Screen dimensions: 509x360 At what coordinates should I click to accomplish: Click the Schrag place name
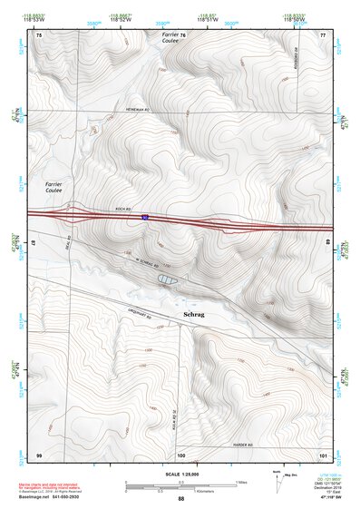(x=194, y=315)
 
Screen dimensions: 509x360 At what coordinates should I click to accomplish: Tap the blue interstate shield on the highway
(x=143, y=217)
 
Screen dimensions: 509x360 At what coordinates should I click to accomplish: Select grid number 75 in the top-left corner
(x=38, y=34)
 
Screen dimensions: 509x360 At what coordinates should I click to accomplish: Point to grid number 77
(x=322, y=34)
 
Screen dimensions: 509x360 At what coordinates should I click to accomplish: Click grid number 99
(x=39, y=454)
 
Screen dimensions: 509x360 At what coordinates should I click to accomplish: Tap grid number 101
(x=322, y=454)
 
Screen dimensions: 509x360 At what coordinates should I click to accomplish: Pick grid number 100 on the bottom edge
(x=180, y=454)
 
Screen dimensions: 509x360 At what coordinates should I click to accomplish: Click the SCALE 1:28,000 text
(x=180, y=474)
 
